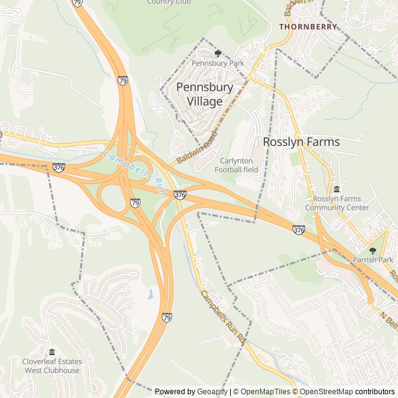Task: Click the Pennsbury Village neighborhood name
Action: (x=205, y=94)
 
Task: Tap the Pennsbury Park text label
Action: (x=218, y=63)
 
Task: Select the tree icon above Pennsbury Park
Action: (x=218, y=53)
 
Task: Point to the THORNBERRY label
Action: (x=308, y=27)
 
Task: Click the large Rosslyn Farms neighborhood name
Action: (x=302, y=142)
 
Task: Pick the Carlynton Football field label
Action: (x=236, y=165)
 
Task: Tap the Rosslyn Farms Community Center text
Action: (x=337, y=203)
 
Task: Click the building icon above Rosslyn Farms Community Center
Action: (x=337, y=189)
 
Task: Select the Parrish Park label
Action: (x=373, y=260)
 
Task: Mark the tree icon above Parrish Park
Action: (x=373, y=250)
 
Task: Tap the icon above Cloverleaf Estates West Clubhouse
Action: (x=52, y=352)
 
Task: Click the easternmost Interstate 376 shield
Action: (x=298, y=230)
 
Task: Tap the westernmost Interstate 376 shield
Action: (x=59, y=168)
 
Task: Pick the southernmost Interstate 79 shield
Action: (x=167, y=318)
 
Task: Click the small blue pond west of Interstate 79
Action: (x=151, y=294)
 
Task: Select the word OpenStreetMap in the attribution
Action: (x=327, y=392)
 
